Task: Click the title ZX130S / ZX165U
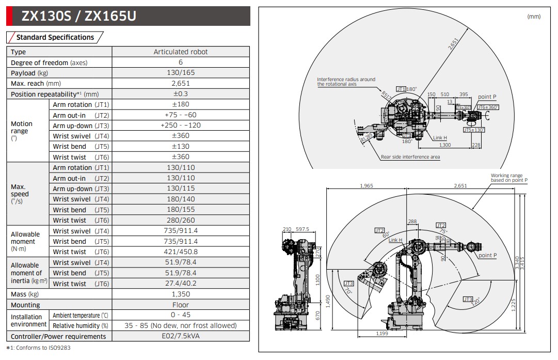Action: pyautogui.click(x=78, y=17)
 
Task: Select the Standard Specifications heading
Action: pyautogui.click(x=55, y=37)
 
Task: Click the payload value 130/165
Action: pyautogui.click(x=181, y=73)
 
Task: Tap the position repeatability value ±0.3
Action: pyautogui.click(x=181, y=94)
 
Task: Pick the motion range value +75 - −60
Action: pyautogui.click(x=181, y=115)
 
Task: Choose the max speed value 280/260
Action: pyautogui.click(x=181, y=220)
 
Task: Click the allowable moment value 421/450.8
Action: pyautogui.click(x=181, y=252)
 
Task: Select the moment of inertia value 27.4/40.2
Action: pyautogui.click(x=181, y=284)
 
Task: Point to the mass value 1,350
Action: pyautogui.click(x=181, y=294)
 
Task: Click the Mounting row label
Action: pyautogui.click(x=25, y=305)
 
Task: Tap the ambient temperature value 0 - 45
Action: pyautogui.click(x=181, y=315)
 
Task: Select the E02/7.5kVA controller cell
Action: pyautogui.click(x=181, y=336)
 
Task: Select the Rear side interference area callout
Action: pyautogui.click(x=410, y=156)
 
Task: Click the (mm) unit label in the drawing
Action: pyautogui.click(x=534, y=17)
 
